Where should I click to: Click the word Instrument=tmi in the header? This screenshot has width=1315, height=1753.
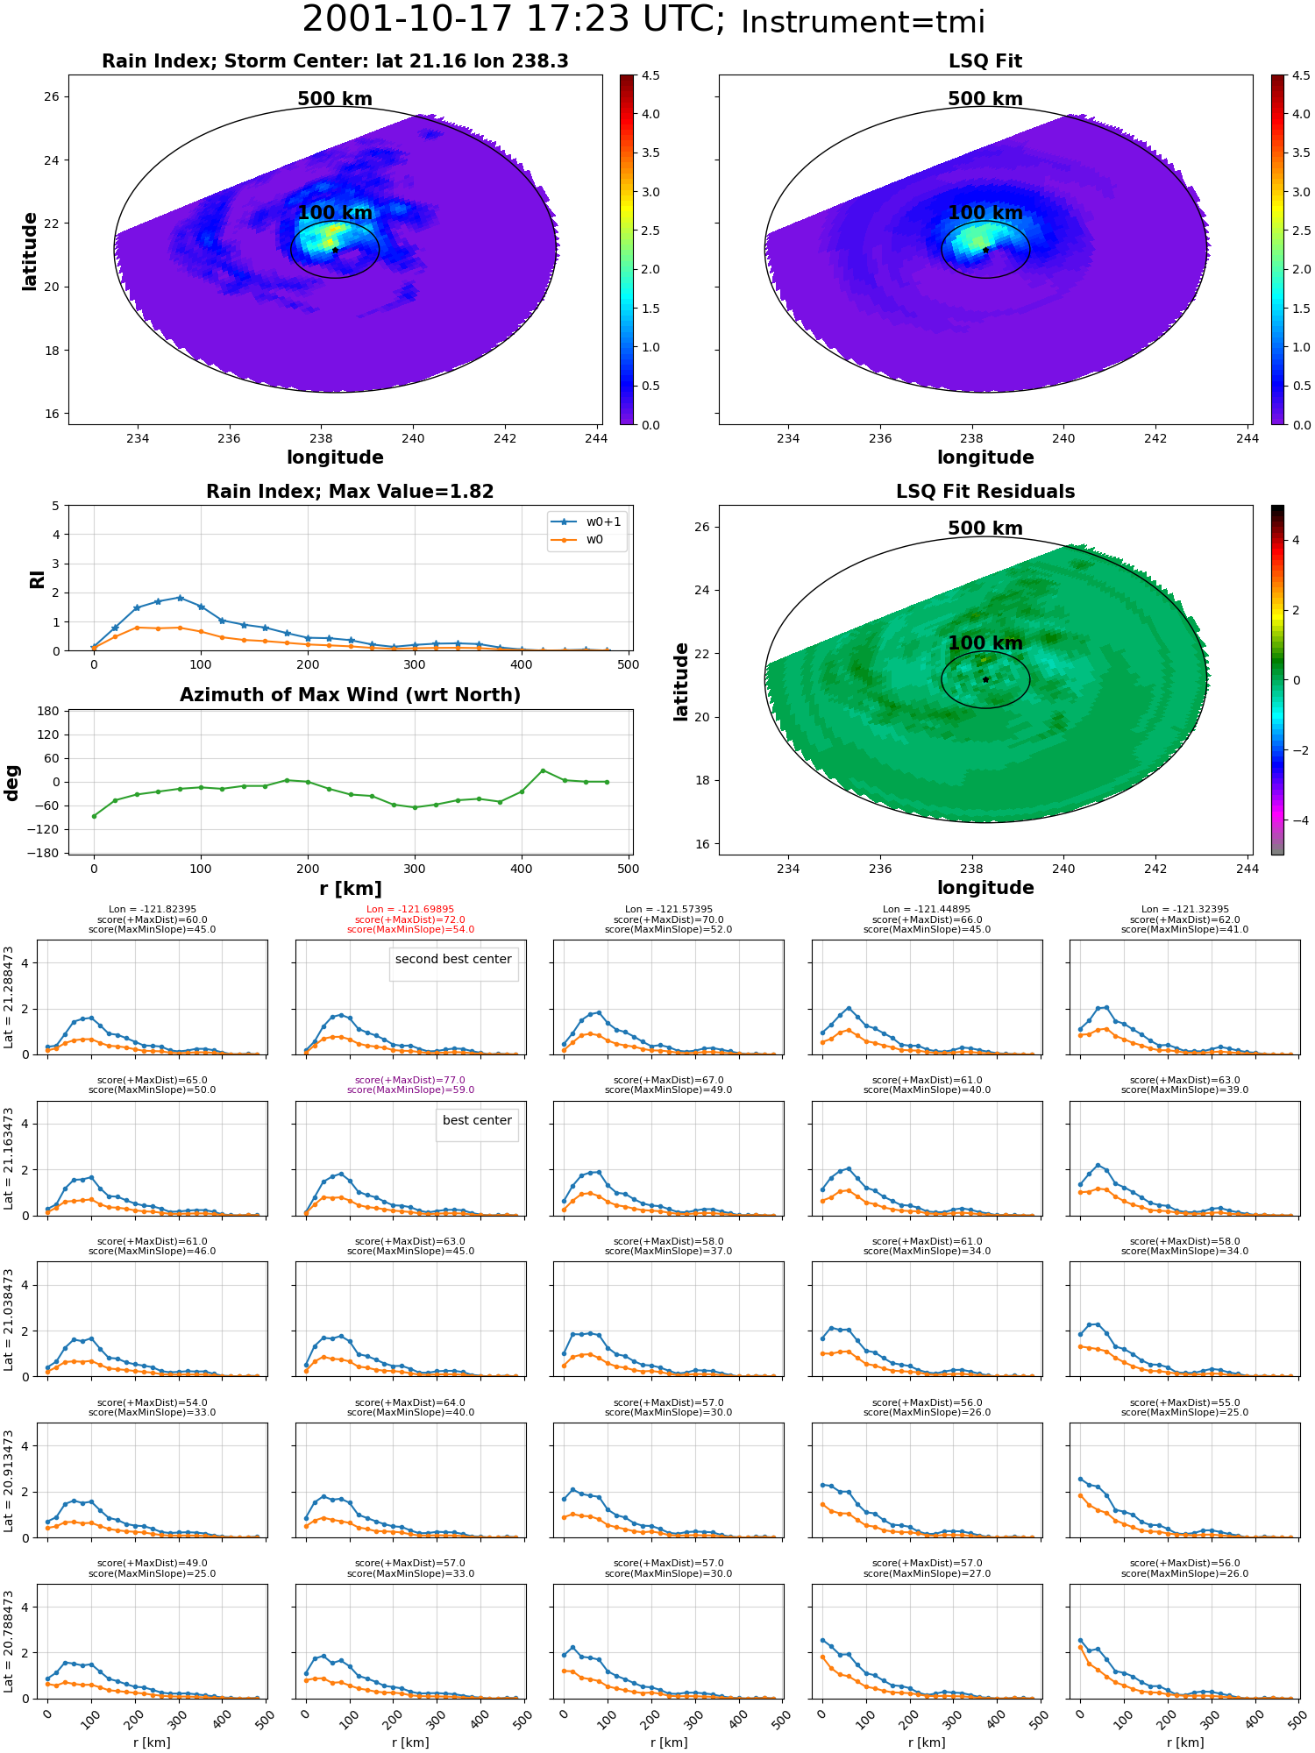coord(863,22)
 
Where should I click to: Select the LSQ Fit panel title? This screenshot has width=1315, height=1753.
coord(985,61)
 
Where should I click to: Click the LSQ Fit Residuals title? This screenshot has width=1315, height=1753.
coord(985,492)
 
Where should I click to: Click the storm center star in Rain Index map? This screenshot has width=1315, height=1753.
coord(335,250)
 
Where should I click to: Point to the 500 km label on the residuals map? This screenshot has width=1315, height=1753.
coord(985,529)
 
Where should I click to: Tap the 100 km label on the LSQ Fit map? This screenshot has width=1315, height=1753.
coord(985,213)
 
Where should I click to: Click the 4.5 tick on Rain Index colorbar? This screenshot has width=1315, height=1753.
coord(650,75)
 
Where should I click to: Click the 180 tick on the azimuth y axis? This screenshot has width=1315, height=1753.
coord(49,711)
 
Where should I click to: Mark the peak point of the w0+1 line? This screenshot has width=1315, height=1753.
coord(180,598)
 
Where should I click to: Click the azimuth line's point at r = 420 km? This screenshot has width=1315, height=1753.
coord(543,770)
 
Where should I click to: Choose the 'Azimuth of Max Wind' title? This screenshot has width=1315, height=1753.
coord(350,695)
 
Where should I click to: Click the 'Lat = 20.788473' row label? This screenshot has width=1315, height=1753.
coord(9,1642)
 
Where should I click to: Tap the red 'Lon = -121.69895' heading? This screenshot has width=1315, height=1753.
coord(410,910)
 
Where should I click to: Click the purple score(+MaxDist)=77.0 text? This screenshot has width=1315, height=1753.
coord(410,1081)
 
